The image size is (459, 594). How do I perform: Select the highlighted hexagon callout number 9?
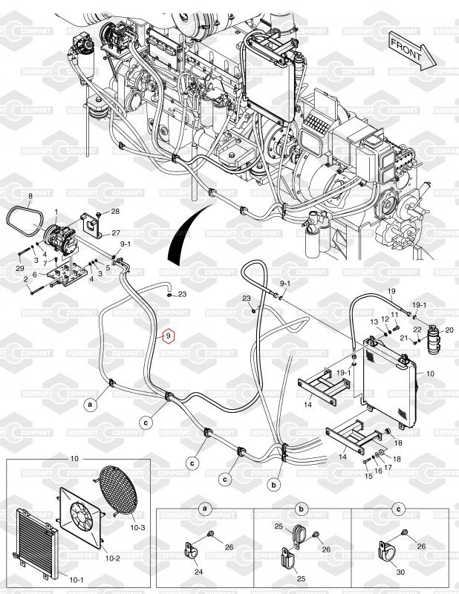tap(169, 336)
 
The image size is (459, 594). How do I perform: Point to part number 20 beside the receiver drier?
tap(449, 329)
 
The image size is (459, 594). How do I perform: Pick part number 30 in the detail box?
tap(400, 572)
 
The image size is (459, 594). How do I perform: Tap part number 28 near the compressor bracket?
tap(114, 212)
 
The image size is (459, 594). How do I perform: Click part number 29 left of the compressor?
tap(20, 267)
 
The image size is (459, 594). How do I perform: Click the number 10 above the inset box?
tap(74, 459)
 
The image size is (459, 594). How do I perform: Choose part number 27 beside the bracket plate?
tap(115, 233)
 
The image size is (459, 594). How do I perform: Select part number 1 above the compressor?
tap(55, 212)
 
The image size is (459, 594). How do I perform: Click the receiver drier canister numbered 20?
tap(433, 340)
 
